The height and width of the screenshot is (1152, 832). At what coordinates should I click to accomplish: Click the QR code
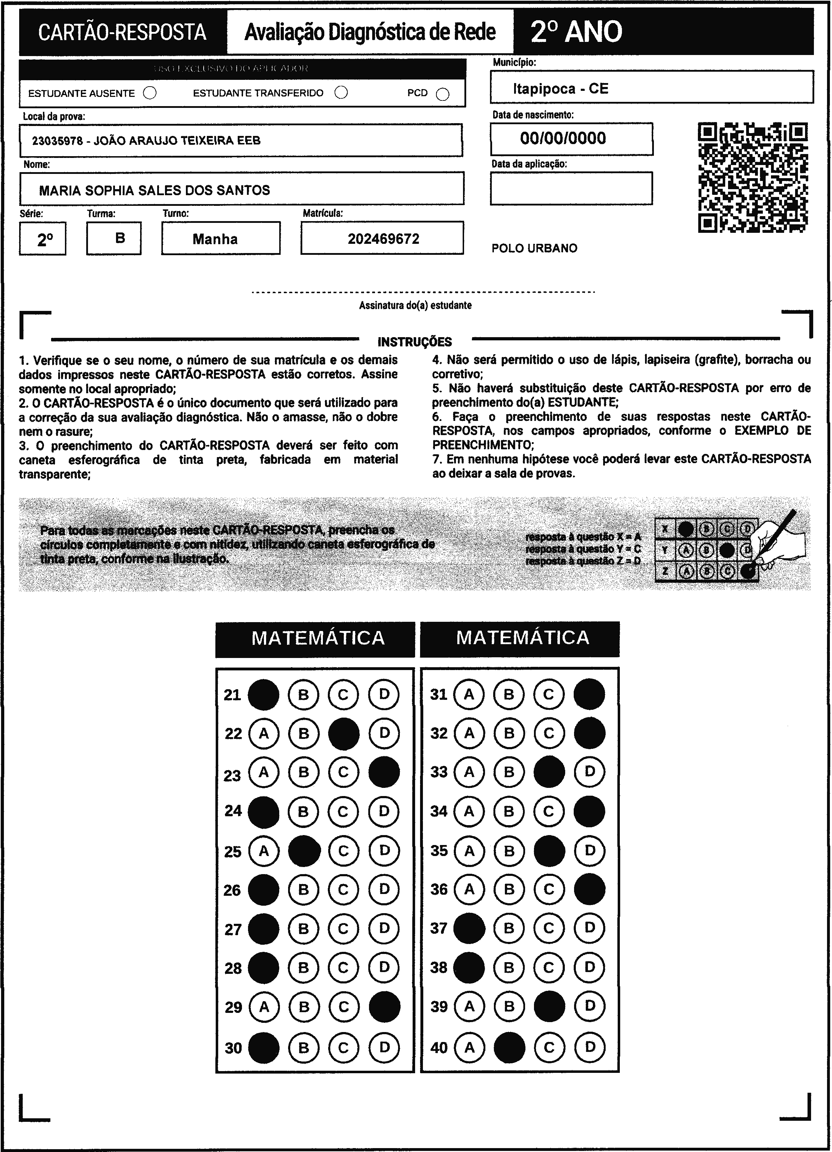pos(753,177)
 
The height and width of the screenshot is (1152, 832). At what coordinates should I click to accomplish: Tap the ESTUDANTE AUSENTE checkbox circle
pos(150,93)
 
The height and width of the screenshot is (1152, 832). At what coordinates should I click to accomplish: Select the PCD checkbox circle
pos(443,94)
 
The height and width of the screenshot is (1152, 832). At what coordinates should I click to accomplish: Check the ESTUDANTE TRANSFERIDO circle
pos(341,92)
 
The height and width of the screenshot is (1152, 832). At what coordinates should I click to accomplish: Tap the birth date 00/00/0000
pos(563,138)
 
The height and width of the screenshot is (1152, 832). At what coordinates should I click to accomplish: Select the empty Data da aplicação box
pos(571,188)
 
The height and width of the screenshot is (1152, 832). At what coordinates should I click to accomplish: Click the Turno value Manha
pos(215,239)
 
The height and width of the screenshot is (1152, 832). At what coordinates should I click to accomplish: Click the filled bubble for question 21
pos(263,694)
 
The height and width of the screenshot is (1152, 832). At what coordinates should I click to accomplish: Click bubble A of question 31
pos(469,694)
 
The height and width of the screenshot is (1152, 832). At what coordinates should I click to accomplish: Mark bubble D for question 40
pos(589,1047)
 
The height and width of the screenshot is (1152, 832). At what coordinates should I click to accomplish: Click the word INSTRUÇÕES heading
pos(414,342)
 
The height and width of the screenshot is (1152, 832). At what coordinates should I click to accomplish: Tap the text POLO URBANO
pos(534,248)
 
